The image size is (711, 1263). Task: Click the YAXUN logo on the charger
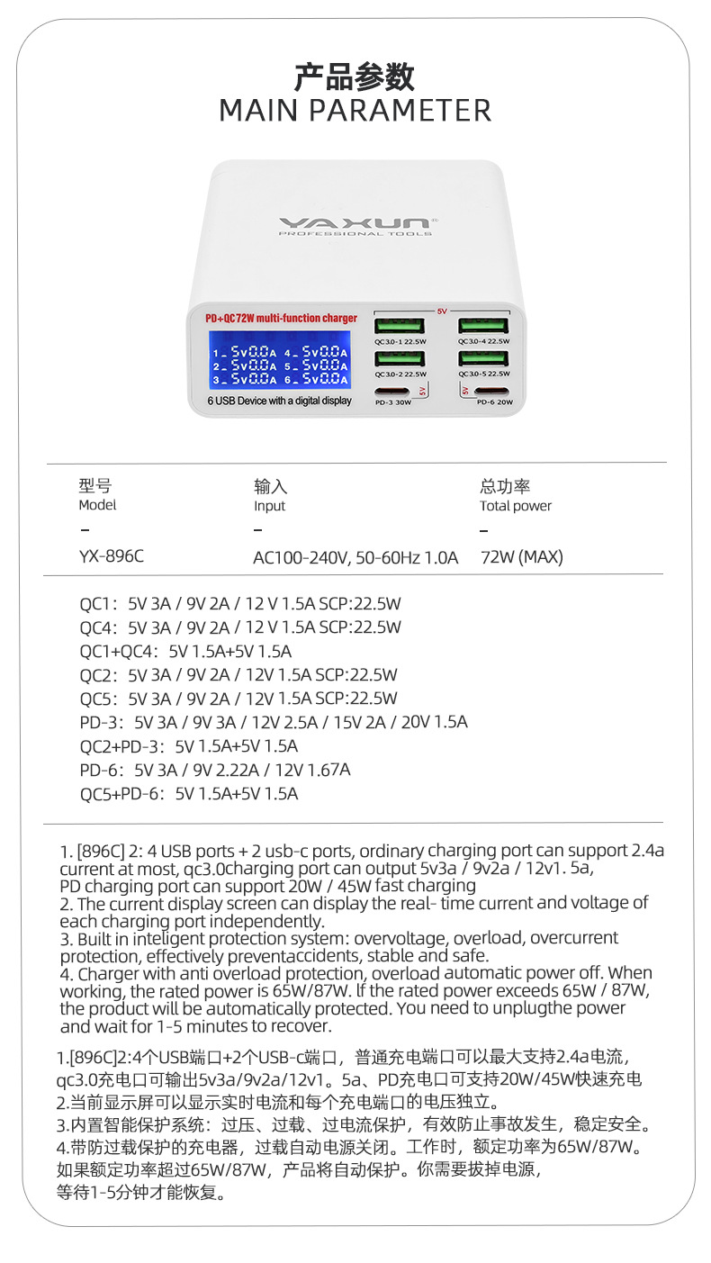[355, 221]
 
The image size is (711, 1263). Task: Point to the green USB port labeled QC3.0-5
[483, 357]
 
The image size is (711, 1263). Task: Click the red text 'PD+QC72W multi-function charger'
[281, 319]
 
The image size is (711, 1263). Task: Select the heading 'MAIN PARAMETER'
[355, 111]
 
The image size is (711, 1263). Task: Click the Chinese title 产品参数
[355, 77]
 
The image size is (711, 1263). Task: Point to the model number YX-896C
[111, 556]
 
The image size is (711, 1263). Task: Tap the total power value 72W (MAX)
[521, 557]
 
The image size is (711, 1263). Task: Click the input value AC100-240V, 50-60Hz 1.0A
[355, 558]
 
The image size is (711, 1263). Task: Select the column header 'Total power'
[516, 506]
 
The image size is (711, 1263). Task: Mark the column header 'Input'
[269, 506]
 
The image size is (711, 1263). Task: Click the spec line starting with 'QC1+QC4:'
[185, 651]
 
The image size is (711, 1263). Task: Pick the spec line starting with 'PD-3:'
[274, 722]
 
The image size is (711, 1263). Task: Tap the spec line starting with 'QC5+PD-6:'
[188, 793]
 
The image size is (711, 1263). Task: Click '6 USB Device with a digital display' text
[280, 401]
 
